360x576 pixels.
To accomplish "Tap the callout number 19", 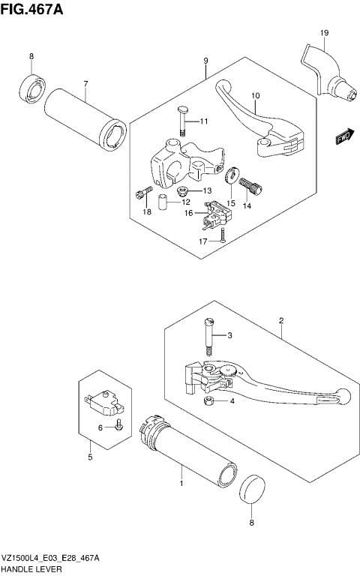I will (x=324, y=33).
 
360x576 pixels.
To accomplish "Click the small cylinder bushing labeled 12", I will (x=161, y=202).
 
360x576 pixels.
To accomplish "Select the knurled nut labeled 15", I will (x=232, y=177).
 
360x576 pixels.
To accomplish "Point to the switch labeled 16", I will (x=216, y=215).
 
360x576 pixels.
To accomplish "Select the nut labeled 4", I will (x=209, y=402).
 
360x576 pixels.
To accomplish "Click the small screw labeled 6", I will (x=118, y=427).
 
